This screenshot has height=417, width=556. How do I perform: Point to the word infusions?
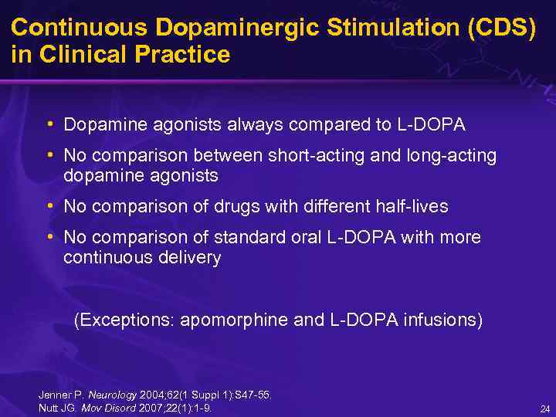tap(442, 320)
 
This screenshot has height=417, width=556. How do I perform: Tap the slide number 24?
tap(544, 409)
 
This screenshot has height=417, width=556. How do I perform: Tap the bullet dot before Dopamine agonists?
tap(50, 124)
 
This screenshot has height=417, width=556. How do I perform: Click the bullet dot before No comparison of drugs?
tap(50, 206)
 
